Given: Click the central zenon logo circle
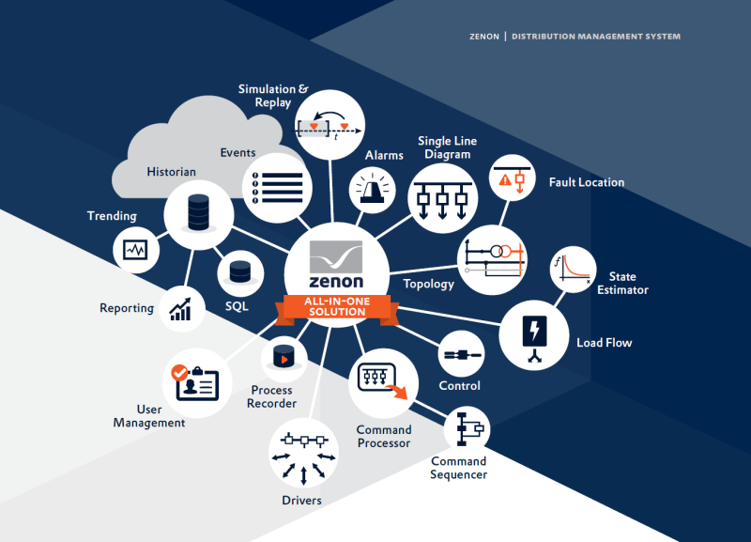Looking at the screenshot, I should coord(336,266).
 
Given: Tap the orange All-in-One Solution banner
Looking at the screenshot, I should coord(336,307).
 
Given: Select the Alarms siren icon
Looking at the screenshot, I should coord(376,189).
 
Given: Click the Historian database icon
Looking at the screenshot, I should coord(198,213).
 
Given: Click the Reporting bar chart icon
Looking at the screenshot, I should coord(182,306).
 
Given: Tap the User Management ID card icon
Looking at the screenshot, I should coord(196,383).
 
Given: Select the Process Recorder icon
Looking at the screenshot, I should coord(284,357).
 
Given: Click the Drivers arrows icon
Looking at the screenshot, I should coord(303,454).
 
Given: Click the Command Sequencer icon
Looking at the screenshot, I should coord(467,430).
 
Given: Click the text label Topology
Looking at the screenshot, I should coord(428,284).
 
